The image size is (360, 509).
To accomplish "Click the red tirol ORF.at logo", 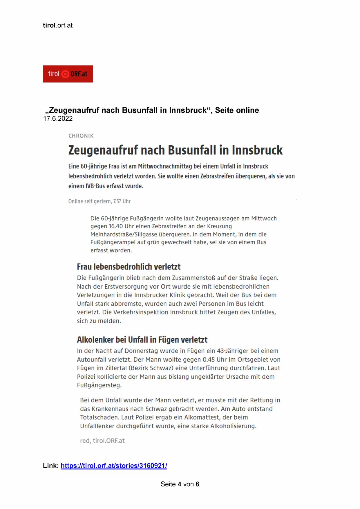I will pyautogui.click(x=68, y=74).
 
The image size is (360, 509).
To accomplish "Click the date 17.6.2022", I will pyautogui.click(x=58, y=119).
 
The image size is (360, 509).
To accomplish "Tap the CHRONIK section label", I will pyautogui.click(x=81, y=136).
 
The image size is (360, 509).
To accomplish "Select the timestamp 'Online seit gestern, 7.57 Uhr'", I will pyautogui.click(x=99, y=201).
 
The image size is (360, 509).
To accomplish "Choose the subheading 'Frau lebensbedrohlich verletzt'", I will pyautogui.click(x=129, y=266).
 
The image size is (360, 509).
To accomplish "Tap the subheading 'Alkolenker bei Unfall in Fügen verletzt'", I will pyautogui.click(x=142, y=340).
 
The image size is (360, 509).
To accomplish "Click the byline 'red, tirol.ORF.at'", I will pyautogui.click(x=102, y=441).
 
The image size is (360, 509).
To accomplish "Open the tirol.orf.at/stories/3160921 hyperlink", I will pyautogui.click(x=114, y=466).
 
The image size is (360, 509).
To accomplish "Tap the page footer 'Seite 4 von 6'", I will pyautogui.click(x=180, y=484).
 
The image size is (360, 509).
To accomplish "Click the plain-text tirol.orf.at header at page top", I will pyautogui.click(x=58, y=26).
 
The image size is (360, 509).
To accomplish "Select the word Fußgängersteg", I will pyautogui.click(x=99, y=386).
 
